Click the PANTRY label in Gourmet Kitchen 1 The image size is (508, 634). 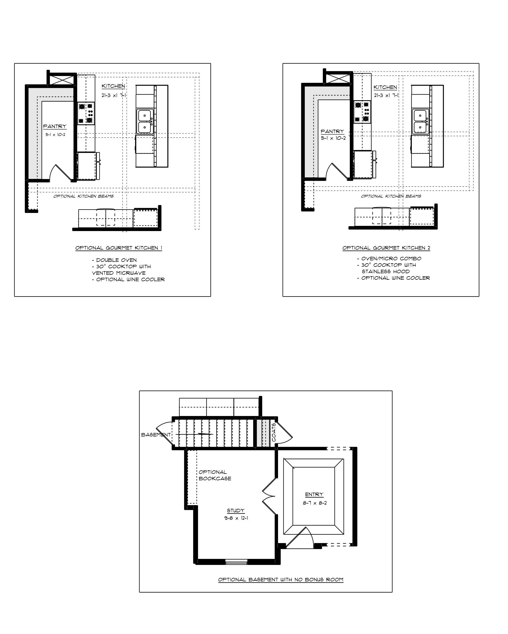[55, 126]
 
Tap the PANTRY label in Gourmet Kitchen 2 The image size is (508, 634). [332, 131]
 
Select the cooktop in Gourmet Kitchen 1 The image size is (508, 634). [86, 113]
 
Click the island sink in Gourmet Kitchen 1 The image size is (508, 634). [144, 121]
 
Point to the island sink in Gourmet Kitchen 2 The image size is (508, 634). [420, 121]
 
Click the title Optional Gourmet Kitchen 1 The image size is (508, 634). [119, 248]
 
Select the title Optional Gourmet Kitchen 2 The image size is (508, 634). [386, 248]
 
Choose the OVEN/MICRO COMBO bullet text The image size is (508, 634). [389, 259]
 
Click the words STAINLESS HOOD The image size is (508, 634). [386, 272]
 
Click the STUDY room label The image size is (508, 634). [236, 510]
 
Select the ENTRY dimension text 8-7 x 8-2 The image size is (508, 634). [315, 503]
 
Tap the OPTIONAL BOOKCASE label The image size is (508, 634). [215, 475]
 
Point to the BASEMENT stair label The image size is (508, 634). [156, 435]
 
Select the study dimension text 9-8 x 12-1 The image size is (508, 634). [236, 518]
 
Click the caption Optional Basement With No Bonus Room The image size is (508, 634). [281, 580]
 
